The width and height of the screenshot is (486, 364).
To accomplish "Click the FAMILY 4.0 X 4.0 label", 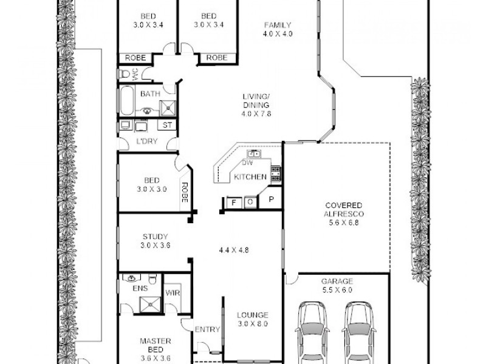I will (x=278, y=30).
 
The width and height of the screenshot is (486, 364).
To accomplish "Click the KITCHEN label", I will (x=250, y=177).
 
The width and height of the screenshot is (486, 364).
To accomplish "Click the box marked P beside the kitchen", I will (x=271, y=200).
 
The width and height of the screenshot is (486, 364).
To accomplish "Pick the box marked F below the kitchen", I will (x=233, y=202).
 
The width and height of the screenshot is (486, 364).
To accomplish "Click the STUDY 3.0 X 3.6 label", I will (x=155, y=241).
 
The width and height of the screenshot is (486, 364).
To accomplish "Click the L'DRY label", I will (x=147, y=141).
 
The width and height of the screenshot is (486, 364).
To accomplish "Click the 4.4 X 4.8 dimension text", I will (x=234, y=249).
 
